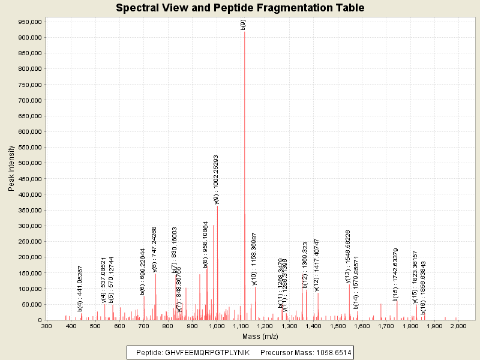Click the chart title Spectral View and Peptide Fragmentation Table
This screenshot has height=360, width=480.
(x=240, y=8)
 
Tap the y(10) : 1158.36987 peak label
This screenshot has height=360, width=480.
(x=254, y=259)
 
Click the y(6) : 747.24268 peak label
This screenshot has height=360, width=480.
(x=155, y=250)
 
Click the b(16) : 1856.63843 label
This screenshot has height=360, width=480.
(x=423, y=287)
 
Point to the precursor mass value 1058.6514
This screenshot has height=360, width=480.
(x=328, y=352)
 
